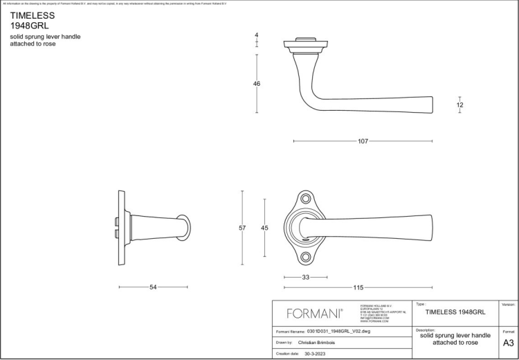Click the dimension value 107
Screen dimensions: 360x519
(x=363, y=141)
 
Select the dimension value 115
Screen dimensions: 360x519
(x=358, y=287)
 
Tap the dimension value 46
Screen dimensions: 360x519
(x=257, y=84)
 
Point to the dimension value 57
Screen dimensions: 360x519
(x=242, y=228)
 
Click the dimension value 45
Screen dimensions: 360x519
(x=264, y=228)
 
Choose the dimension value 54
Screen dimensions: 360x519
(x=153, y=287)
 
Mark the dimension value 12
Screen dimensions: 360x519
(x=460, y=105)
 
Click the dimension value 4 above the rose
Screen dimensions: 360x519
(x=257, y=35)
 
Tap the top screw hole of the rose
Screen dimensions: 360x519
(x=305, y=199)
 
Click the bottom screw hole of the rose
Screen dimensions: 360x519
(x=305, y=257)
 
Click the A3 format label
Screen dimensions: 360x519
(x=508, y=343)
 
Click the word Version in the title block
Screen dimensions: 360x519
(x=507, y=304)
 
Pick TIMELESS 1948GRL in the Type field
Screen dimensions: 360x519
(x=455, y=312)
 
